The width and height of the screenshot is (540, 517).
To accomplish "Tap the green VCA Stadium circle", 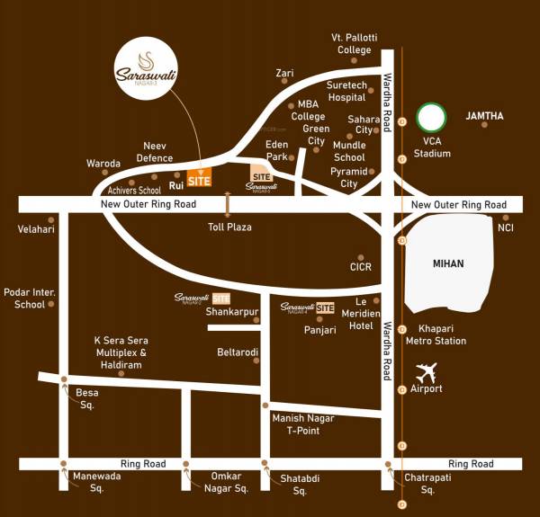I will [432, 118].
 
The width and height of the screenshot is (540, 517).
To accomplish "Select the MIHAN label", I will [447, 263].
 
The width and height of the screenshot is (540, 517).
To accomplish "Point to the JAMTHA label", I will [484, 116].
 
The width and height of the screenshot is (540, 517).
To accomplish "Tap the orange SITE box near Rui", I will [199, 180].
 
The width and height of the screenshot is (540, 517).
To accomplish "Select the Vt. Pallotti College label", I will [354, 43].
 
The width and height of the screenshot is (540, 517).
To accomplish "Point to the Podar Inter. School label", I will [24, 299].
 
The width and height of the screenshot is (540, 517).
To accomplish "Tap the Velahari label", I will [36, 229].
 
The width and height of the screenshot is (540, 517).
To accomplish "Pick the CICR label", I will [360, 267].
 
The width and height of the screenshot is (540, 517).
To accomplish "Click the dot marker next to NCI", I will [506, 217].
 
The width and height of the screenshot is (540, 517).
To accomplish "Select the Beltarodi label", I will [238, 352].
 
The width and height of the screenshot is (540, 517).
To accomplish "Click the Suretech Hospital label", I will [346, 91].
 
